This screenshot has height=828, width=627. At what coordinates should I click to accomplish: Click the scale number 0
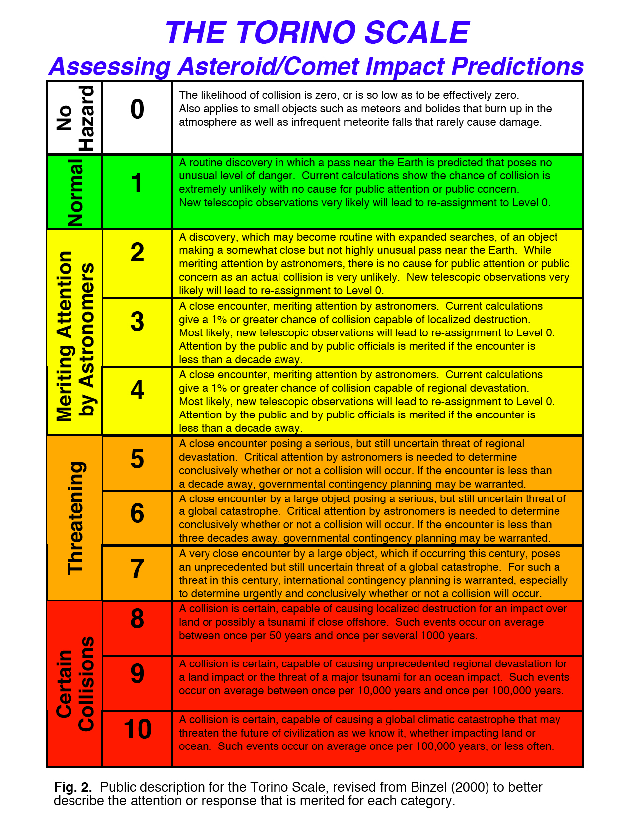coord(138,109)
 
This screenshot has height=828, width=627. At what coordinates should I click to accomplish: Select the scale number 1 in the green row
coord(138,183)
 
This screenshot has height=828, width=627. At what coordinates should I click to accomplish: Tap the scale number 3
coord(138,322)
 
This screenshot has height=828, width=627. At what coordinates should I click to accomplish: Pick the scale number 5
coord(138,459)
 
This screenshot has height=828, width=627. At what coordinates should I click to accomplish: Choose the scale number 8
coord(138,619)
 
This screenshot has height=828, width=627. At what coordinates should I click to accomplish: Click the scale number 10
coord(138,729)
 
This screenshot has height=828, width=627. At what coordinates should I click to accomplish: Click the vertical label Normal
coord(75,192)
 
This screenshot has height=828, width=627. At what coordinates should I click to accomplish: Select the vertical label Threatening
coord(75,518)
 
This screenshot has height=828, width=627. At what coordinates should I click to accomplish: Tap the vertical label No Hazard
coord(75,118)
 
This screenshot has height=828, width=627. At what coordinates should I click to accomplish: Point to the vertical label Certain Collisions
coord(75,683)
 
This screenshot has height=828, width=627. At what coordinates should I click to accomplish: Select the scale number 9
coord(138,674)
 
